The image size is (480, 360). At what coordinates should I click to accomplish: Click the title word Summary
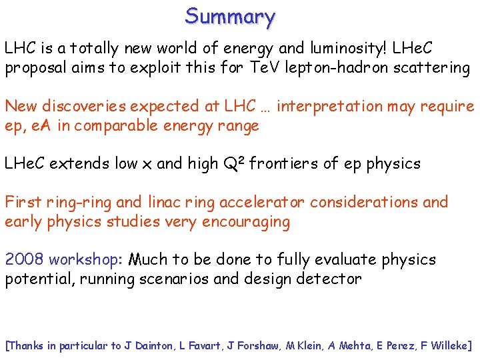pos(230,16)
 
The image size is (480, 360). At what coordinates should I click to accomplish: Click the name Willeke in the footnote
pos(447,345)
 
